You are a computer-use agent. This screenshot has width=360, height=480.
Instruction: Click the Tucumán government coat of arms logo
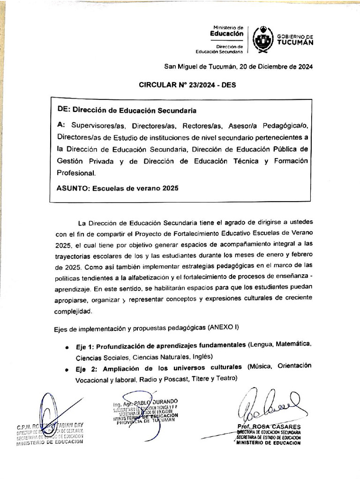pyautogui.click(x=263, y=40)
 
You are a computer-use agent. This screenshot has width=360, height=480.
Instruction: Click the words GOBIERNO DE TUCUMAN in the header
pyautogui.click(x=295, y=40)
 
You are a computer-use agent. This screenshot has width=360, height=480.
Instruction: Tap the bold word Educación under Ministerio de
pyautogui.click(x=226, y=33)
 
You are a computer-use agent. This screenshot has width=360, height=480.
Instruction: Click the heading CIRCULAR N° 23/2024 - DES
pyautogui.click(x=187, y=85)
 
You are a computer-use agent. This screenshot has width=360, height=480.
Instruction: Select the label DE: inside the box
pyautogui.click(x=64, y=110)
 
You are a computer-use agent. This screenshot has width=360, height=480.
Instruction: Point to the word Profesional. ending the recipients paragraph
pyautogui.click(x=76, y=172)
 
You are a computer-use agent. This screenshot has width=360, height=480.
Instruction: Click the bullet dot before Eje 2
pyautogui.click(x=68, y=369)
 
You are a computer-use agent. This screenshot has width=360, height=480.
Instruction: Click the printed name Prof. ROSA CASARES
pyautogui.click(x=269, y=427)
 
